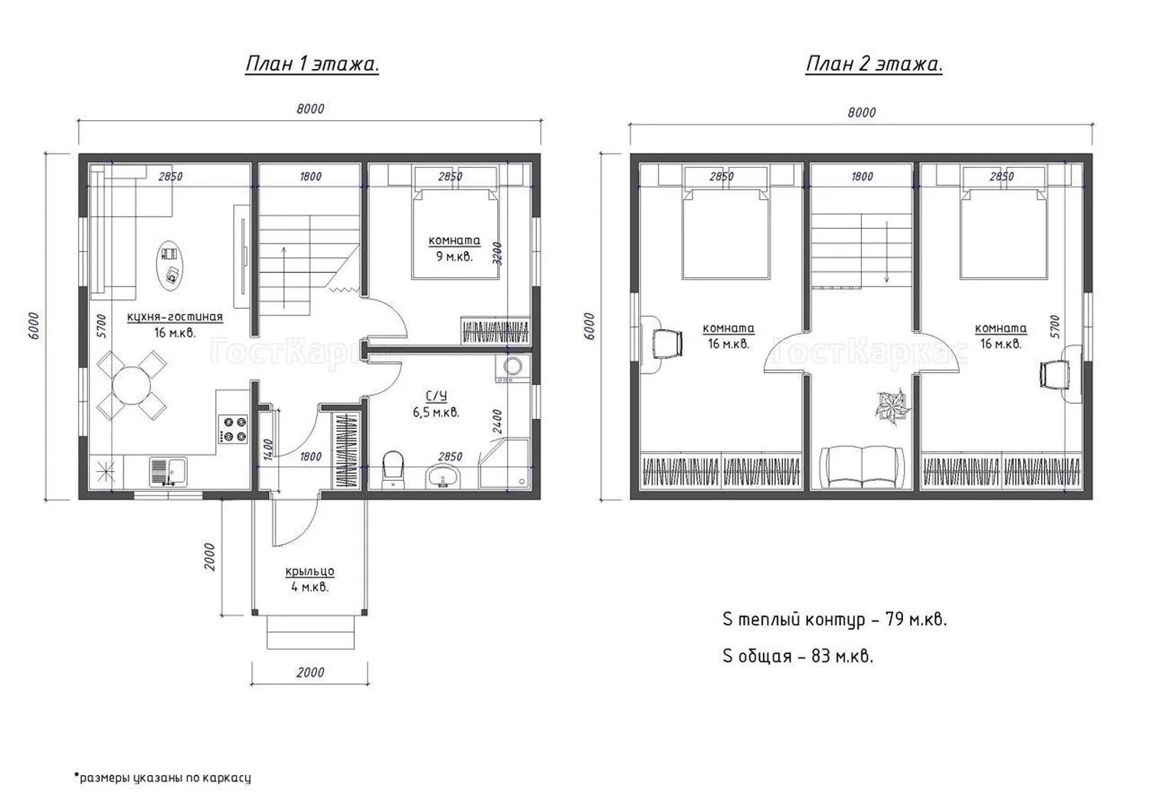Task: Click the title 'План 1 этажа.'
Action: tap(312, 64)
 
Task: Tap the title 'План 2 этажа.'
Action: tap(874, 64)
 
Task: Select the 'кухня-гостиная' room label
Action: tap(175, 317)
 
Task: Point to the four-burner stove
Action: tap(234, 429)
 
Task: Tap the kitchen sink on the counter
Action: tap(169, 472)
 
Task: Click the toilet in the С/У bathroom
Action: tap(394, 469)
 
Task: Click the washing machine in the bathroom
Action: tap(512, 368)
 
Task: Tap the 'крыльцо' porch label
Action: tap(309, 571)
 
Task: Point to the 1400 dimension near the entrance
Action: tap(267, 450)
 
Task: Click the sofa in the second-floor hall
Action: tap(862, 467)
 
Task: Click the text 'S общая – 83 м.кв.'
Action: tap(797, 656)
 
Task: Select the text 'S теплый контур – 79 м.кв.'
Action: tap(835, 620)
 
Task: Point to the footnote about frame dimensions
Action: tap(162, 777)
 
